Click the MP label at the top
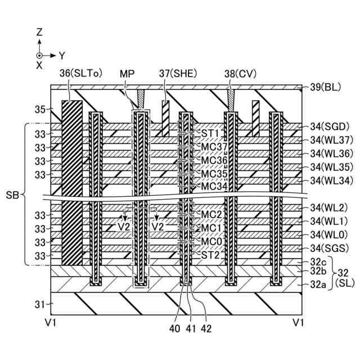(127, 73)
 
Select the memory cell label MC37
(214, 147)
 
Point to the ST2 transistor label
(210, 255)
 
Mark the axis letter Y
(62, 55)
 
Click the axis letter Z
(39, 32)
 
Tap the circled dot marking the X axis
(39, 55)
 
